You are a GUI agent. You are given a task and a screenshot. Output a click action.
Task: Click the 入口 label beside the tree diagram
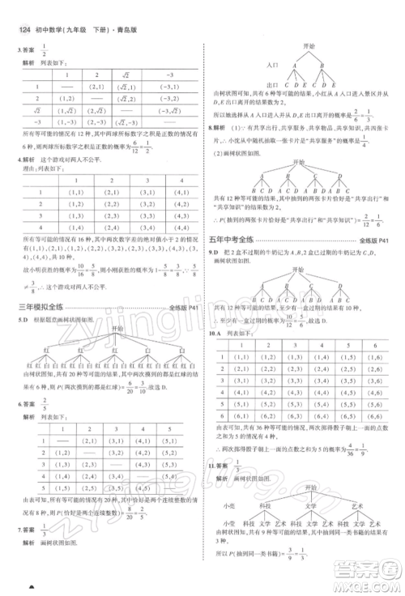tap(272, 63)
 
